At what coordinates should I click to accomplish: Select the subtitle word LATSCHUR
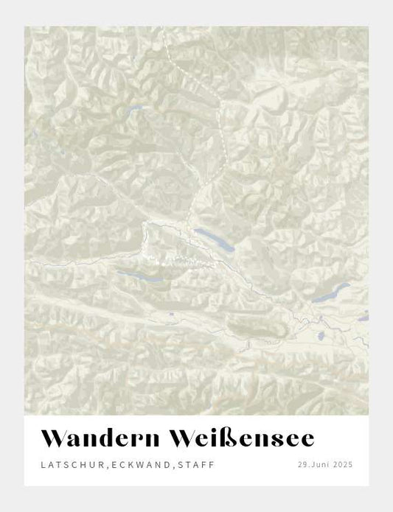click(67, 465)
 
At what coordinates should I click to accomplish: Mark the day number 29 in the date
click(302, 465)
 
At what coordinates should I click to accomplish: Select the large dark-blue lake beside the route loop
click(215, 241)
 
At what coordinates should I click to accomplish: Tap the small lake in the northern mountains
click(133, 111)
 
